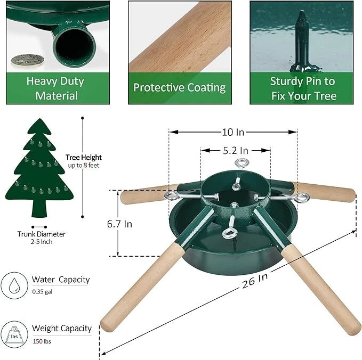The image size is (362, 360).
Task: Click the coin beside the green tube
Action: tap(25, 60)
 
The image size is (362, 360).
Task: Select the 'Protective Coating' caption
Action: tap(179, 88)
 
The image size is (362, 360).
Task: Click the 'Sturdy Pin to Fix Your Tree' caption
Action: tap(303, 88)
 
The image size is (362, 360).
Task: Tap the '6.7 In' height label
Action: tap(119, 224)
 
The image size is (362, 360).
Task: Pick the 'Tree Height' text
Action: tap(84, 158)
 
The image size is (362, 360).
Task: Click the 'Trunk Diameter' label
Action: tap(41, 233)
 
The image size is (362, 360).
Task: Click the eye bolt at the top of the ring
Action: tap(243, 164)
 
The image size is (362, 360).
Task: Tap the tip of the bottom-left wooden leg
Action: tap(108, 325)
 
